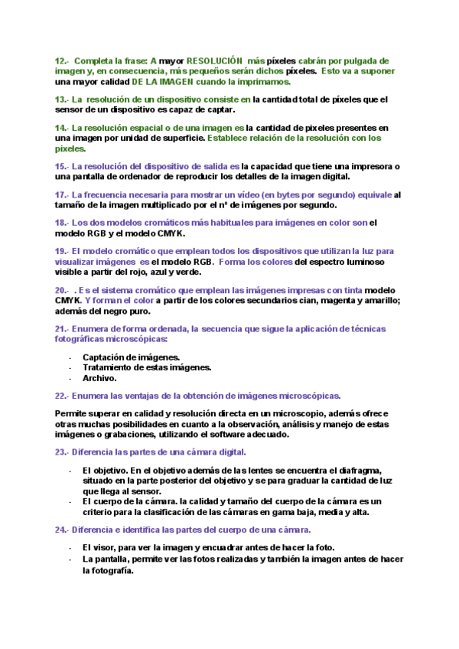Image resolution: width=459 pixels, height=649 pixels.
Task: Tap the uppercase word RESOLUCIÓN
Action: tap(215, 60)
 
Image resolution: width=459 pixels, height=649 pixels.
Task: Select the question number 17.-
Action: tap(62, 194)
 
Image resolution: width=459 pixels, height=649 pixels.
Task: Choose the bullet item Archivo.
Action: tap(99, 377)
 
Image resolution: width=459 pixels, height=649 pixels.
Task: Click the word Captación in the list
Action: tap(106, 357)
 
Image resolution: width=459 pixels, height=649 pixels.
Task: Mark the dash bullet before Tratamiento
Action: tap(70, 367)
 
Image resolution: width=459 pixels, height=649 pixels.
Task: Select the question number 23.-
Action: tap(62, 452)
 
